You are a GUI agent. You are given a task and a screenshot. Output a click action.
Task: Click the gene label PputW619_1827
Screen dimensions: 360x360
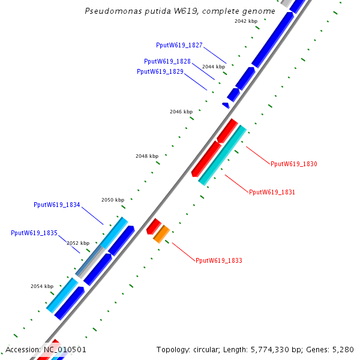[x=179, y=45]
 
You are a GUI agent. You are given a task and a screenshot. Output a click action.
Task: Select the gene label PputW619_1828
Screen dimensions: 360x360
[x=167, y=61]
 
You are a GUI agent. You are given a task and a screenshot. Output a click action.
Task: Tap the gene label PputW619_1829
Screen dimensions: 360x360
[x=160, y=71]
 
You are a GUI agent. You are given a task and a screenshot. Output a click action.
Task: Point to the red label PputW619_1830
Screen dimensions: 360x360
[x=294, y=164]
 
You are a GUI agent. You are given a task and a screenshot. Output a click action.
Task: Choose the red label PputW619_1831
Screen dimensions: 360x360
[x=272, y=192]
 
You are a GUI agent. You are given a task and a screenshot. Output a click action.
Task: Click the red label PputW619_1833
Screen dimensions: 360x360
[x=219, y=260]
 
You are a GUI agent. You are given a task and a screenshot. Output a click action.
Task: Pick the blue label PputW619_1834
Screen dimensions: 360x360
[x=57, y=205]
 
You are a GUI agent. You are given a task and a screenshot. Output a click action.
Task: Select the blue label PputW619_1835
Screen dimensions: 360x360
[x=34, y=233]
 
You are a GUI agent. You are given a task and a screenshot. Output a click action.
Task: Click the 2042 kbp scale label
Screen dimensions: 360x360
[x=245, y=21]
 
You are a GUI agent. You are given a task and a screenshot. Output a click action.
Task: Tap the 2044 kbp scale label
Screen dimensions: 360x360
[x=214, y=67]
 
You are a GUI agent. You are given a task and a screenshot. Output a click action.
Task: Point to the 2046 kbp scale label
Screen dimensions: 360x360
[x=181, y=112]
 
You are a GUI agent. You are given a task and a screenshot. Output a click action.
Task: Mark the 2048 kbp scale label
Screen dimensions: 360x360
[x=147, y=156]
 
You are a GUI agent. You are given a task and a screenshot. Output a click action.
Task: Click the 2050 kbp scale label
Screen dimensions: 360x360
[x=113, y=200]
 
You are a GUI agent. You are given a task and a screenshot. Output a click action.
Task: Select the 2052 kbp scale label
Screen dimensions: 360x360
[x=77, y=243]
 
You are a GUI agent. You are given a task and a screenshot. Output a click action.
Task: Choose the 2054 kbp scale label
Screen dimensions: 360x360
[x=42, y=286]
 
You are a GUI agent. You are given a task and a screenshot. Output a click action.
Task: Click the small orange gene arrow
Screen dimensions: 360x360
[x=161, y=234]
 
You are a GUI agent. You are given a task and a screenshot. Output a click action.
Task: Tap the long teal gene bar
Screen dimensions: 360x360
[x=222, y=155]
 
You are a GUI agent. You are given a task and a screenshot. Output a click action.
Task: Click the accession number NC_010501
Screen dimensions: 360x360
[x=65, y=349]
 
